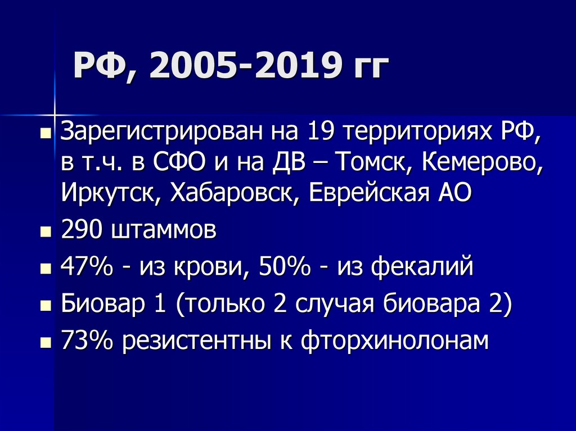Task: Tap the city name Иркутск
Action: [x=106, y=194]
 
